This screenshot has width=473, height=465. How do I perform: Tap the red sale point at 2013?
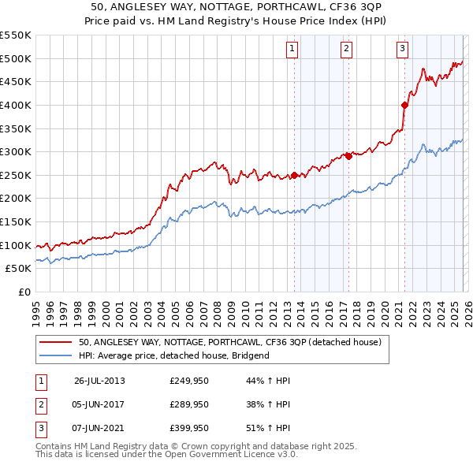294,175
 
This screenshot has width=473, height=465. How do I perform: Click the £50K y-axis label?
18,269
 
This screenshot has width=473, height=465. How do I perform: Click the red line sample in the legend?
55,342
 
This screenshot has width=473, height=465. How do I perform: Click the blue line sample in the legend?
55,355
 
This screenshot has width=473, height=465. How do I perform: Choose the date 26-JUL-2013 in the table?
99,381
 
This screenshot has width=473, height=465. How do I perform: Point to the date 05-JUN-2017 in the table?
99,404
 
